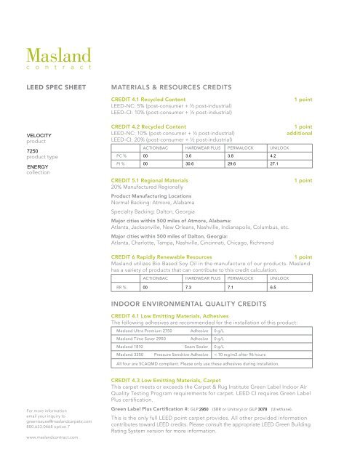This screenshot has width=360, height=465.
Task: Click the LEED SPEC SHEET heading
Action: pos(52,85)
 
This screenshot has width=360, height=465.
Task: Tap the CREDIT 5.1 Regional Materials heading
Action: pos(151,179)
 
